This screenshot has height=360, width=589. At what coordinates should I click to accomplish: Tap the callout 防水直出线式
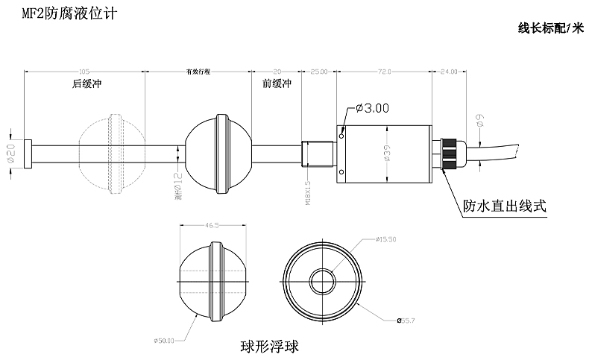pyautogui.click(x=505, y=206)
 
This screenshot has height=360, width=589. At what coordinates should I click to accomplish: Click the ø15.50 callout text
pyautogui.click(x=388, y=239)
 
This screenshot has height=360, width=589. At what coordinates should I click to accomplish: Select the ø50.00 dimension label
pyautogui.click(x=163, y=341)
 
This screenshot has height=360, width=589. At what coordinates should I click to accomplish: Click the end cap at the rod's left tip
pyautogui.click(x=28, y=154)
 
